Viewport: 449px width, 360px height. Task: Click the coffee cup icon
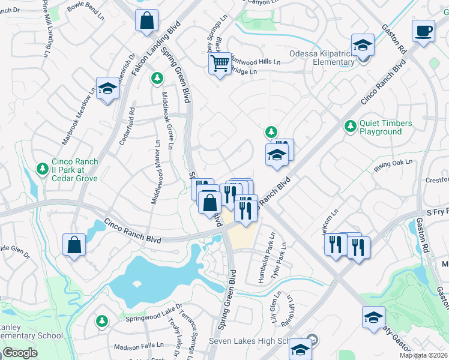(424, 31)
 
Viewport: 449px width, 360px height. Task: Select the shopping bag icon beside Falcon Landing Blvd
(147, 21)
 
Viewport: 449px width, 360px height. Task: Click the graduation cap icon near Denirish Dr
(107, 89)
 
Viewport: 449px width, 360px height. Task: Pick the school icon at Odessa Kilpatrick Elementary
(363, 45)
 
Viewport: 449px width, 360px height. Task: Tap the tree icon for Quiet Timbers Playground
(349, 127)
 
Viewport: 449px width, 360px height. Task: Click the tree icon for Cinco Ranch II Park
(42, 169)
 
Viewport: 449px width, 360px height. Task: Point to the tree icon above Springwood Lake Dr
(102, 322)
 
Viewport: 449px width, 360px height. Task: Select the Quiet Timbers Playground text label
(385, 127)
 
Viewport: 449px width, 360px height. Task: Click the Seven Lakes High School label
(249, 341)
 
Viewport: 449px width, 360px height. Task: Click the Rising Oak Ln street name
(394, 166)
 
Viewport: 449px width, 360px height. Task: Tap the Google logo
(20, 353)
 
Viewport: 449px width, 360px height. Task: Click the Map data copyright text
(423, 355)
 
